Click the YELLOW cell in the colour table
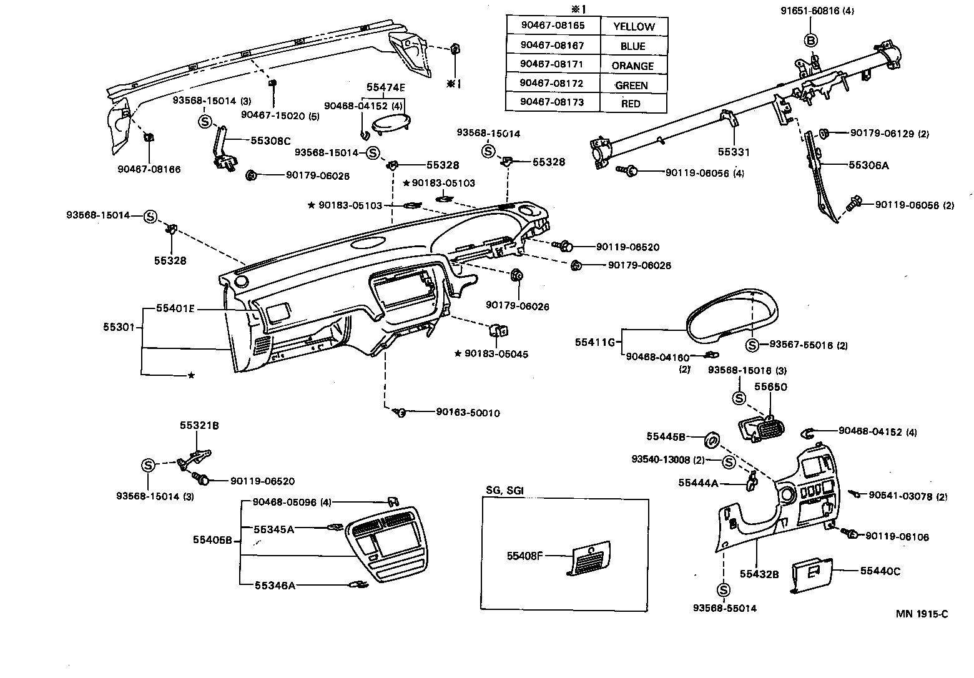pyautogui.click(x=634, y=26)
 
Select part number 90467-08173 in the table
pyautogui.click(x=553, y=102)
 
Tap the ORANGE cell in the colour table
pyautogui.click(x=632, y=66)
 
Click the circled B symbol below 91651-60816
pyautogui.click(x=810, y=41)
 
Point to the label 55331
pyautogui.click(x=734, y=152)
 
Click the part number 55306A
pyautogui.click(x=868, y=165)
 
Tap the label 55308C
pyautogui.click(x=271, y=141)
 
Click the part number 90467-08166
pyautogui.click(x=149, y=169)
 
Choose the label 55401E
pyautogui.click(x=175, y=308)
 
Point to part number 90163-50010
pyautogui.click(x=468, y=413)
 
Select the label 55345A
pyautogui.click(x=274, y=529)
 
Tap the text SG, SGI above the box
pyautogui.click(x=504, y=490)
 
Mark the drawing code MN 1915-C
pyautogui.click(x=922, y=614)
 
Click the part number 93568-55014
pyautogui.click(x=724, y=608)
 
